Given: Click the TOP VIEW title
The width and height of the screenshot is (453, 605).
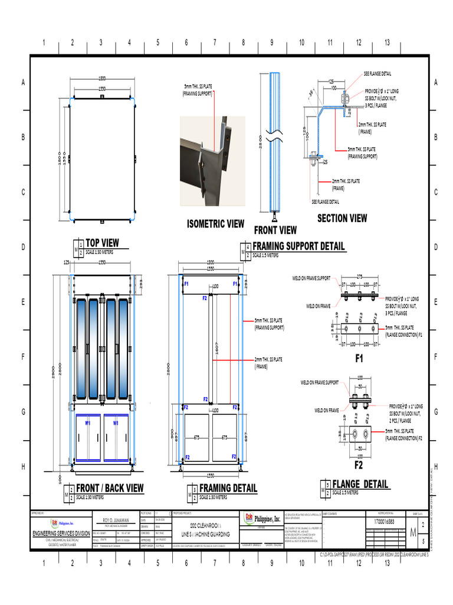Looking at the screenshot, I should pos(102,242).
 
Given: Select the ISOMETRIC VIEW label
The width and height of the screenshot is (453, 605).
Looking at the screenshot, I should pos(215,224).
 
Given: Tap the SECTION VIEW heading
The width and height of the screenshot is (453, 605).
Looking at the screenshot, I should pos(342,218).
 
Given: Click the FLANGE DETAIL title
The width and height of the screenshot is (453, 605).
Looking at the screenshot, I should pos(360,484).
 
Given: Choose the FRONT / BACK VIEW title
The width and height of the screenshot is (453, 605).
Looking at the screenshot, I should pos(110,488).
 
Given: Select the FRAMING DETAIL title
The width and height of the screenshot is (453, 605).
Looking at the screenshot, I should pos(228,488).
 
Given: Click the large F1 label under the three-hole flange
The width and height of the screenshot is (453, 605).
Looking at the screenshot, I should pos(360,358).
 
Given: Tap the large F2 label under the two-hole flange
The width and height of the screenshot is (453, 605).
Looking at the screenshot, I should pos(359,466).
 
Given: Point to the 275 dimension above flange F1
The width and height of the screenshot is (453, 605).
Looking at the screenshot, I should pos(359,277).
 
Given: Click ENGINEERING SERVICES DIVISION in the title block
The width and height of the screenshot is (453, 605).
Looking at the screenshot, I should pos(61,534).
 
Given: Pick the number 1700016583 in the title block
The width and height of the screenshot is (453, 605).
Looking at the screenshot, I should pos(385,522).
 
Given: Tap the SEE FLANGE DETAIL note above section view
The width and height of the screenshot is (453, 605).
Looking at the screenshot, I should pos(377,74).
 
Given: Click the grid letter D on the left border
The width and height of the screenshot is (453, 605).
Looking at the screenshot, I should pos(23,247).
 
